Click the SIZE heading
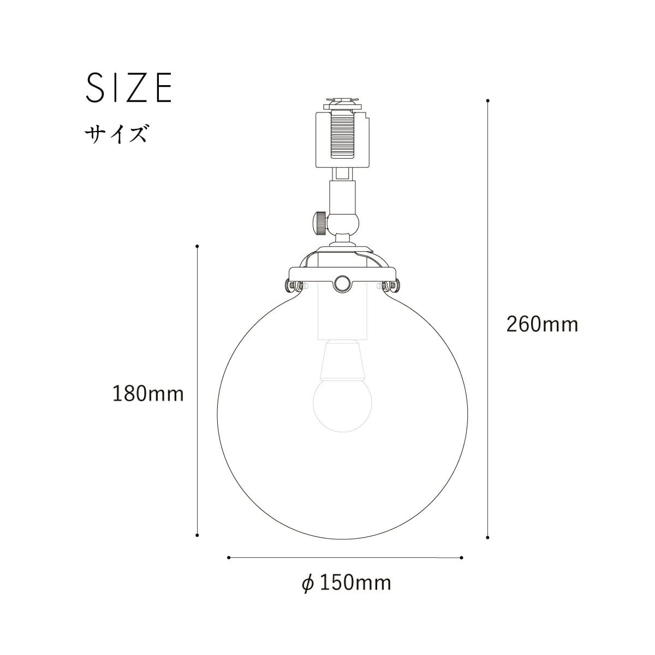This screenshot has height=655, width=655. coord(129,88)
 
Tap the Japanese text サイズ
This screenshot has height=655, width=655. coord(116,134)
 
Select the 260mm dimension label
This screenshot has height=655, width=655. coord(542,324)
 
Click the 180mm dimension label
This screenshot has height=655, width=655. coord(148,394)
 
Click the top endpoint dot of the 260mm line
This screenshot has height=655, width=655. coord(488,100)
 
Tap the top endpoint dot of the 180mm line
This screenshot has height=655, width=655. coord(197,246)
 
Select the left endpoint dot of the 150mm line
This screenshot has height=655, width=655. coord(229,557)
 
